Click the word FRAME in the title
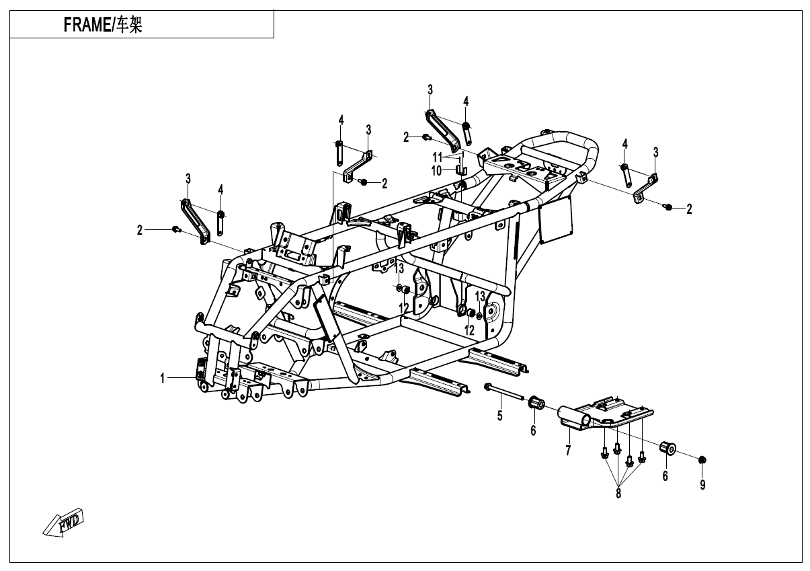pyautogui.click(x=87, y=26)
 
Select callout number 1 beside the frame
pyautogui.click(x=163, y=379)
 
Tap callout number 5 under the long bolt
pyautogui.click(x=499, y=416)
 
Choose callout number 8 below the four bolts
pyautogui.click(x=618, y=494)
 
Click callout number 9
pyautogui.click(x=702, y=484)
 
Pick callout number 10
pyautogui.click(x=436, y=170)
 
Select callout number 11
pyautogui.click(x=437, y=156)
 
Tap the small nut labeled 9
pyautogui.click(x=702, y=459)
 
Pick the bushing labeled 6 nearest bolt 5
pyautogui.click(x=536, y=403)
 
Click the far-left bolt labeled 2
pyautogui.click(x=175, y=229)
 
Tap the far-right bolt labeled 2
pyautogui.click(x=667, y=207)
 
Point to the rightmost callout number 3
pyautogui.click(x=655, y=151)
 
